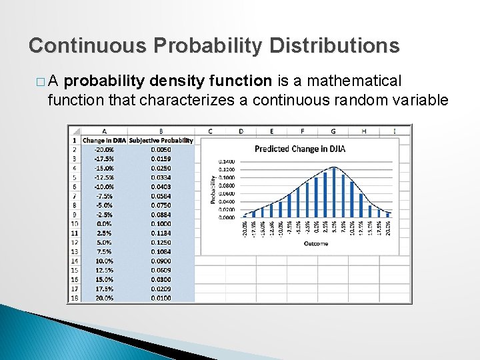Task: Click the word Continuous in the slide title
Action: point(87,45)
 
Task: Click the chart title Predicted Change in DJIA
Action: point(299,149)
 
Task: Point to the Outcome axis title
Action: point(315,244)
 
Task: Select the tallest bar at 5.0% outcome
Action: point(333,192)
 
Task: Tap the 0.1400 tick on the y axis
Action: point(227,161)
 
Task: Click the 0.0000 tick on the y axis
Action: point(227,217)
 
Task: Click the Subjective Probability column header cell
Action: point(161,141)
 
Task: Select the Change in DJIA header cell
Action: point(103,141)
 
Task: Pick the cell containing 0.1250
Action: point(161,243)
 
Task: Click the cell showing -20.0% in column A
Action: point(103,150)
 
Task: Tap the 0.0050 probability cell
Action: point(161,150)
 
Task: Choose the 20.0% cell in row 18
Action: point(103,299)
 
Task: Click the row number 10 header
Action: point(74,224)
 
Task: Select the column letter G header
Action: point(333,131)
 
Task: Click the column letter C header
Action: point(210,131)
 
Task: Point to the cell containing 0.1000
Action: point(161,224)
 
